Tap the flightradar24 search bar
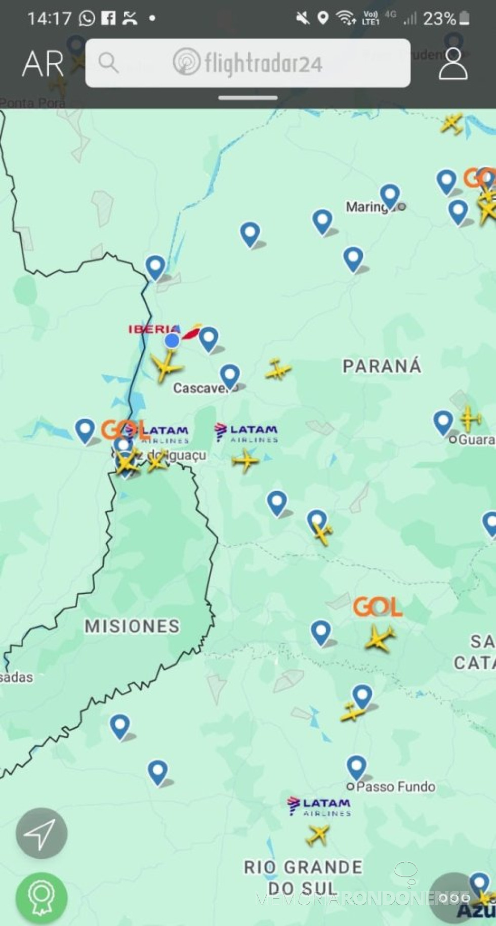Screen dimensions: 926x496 [247, 63]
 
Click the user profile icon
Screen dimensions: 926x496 [452, 63]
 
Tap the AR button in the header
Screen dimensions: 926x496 [43, 64]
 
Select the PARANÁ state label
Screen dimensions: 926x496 [382, 366]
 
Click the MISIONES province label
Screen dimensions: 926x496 [132, 627]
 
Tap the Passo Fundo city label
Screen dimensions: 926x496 [395, 786]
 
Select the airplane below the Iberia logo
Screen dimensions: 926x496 [166, 366]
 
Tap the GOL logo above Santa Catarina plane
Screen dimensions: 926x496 [378, 607]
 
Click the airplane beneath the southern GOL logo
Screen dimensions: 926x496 [380, 637]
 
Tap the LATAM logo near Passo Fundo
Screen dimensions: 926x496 [319, 806]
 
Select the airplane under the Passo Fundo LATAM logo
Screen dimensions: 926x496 [317, 835]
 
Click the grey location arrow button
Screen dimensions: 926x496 [42, 833]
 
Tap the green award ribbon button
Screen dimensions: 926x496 [42, 898]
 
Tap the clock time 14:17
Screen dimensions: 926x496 [49, 19]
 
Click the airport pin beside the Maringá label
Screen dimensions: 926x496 [390, 195]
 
